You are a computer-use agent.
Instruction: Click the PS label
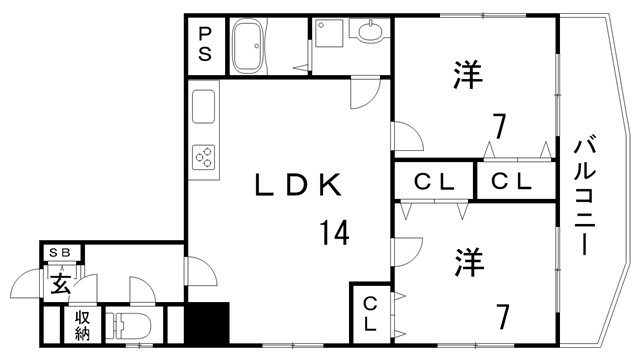[204, 46]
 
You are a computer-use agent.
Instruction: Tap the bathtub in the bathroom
[248, 46]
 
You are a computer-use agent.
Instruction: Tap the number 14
[334, 234]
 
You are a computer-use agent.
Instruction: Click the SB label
[61, 254]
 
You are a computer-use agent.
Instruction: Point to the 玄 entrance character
[59, 283]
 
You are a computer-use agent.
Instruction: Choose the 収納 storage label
[81, 326]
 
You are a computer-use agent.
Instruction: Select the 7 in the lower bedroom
[503, 318]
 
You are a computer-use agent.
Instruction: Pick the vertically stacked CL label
[368, 312]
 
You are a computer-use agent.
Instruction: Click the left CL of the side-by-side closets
[436, 182]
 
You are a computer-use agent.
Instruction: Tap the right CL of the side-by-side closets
[511, 182]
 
